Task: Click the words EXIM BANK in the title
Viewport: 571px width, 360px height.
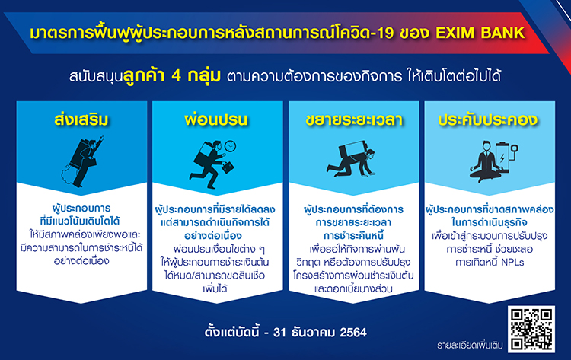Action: tap(480, 33)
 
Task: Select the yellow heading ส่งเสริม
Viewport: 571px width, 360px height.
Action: tap(81, 119)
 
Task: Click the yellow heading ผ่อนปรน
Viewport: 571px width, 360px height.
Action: tap(216, 119)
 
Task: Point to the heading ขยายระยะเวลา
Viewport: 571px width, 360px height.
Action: tap(354, 119)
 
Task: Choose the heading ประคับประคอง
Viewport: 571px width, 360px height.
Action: tap(488, 119)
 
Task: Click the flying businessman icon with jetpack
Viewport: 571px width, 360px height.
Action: tap(82, 161)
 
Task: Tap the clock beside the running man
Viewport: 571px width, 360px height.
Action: tap(230, 146)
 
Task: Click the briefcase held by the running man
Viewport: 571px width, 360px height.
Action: tap(228, 167)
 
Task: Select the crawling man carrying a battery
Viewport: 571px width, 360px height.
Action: tap(352, 161)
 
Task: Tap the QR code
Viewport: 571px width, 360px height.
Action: tap(531, 329)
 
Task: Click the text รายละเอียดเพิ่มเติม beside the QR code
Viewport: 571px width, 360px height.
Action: tap(470, 345)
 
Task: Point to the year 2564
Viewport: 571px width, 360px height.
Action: tap(352, 333)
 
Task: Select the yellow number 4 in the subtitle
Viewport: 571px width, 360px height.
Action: tap(177, 76)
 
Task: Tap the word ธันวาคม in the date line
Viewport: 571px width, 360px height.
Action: tap(313, 333)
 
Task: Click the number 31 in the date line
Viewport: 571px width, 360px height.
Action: tap(279, 333)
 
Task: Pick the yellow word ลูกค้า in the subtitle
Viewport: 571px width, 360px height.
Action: tap(143, 76)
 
